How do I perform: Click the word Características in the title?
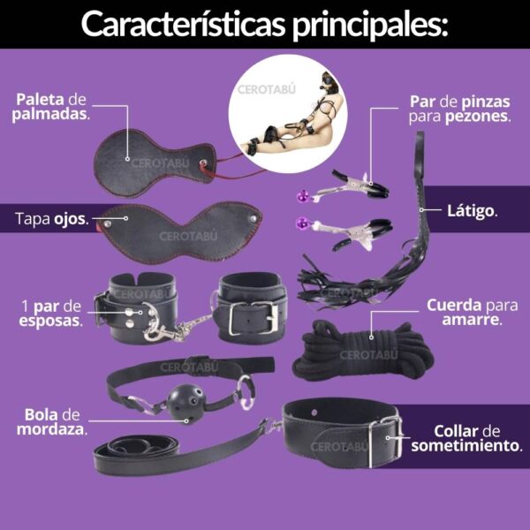click(184, 25)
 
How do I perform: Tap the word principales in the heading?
click(370, 26)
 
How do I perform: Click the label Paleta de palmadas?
click(50, 107)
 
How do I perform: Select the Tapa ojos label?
click(52, 219)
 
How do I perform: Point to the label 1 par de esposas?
click(50, 314)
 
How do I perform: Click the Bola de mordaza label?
click(52, 422)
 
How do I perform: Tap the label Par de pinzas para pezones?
click(459, 109)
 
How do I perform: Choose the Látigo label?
click(473, 211)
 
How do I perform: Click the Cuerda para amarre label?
click(473, 313)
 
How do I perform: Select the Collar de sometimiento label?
click(466, 438)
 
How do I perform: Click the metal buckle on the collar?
click(386, 442)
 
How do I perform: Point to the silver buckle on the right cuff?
click(254, 318)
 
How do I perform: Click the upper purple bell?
click(302, 196)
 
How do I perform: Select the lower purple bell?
click(302, 223)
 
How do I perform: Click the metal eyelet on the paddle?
click(203, 163)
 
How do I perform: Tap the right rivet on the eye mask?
click(253, 219)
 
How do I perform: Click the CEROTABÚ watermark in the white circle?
click(267, 89)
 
